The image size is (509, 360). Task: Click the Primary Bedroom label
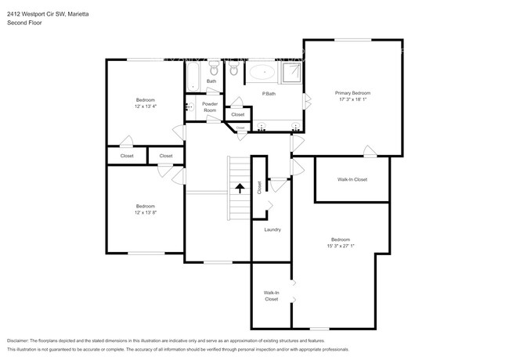pos(352,92)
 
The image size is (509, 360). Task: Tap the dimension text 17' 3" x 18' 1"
pos(352,99)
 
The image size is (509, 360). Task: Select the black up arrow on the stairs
pos(239,188)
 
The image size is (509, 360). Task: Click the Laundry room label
pos(273,229)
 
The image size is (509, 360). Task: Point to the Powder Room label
pos(210,107)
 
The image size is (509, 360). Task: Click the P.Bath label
pos(268,95)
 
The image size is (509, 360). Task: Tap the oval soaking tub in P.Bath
pos(262,74)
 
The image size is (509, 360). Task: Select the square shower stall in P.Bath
pos(292,73)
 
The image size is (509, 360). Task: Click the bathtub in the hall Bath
pos(193,76)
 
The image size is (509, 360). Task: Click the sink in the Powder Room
pos(189,107)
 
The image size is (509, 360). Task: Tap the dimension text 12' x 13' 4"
pos(146,107)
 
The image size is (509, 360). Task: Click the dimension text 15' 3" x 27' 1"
pos(340,246)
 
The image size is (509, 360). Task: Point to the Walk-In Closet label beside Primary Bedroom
pos(352,179)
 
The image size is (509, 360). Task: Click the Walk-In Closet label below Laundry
pos(271,296)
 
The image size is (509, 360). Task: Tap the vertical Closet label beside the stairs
pos(259,187)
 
